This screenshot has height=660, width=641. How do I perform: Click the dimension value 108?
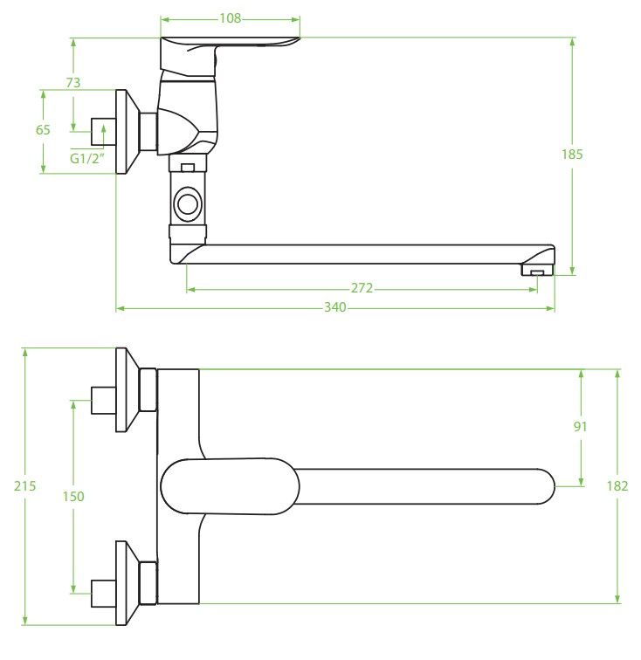[x=230, y=18]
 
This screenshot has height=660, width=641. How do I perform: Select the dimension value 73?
[x=73, y=83]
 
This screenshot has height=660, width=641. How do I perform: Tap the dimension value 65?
[x=43, y=129]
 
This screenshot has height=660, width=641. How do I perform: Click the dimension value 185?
[x=572, y=154]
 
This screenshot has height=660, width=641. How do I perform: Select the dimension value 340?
[x=335, y=307]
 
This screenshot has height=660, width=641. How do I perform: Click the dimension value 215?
[x=26, y=486]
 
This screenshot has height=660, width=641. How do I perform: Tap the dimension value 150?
[x=73, y=496]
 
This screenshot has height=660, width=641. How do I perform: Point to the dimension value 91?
[x=581, y=426]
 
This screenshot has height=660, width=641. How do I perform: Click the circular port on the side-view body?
[x=188, y=205]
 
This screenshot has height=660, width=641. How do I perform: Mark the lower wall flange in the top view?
[x=128, y=582]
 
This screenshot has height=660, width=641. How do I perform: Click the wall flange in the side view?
[x=128, y=131]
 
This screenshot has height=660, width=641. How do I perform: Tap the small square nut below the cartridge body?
[x=186, y=165]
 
